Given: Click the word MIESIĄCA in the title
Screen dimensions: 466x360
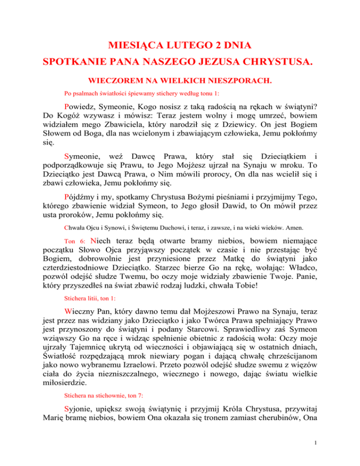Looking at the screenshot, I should [x=130, y=46].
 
